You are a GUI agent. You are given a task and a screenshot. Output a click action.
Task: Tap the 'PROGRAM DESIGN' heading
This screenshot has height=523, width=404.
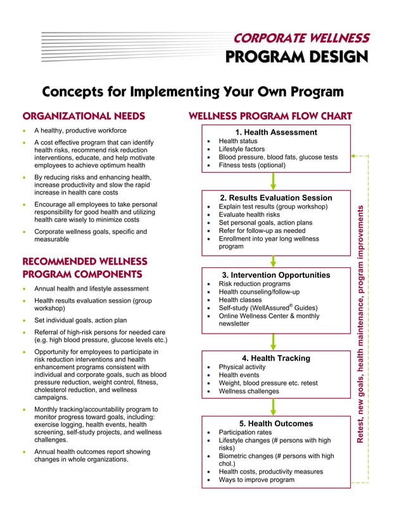[297, 58]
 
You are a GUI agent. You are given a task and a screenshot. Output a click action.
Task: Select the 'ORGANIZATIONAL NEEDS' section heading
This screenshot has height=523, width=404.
[84, 117]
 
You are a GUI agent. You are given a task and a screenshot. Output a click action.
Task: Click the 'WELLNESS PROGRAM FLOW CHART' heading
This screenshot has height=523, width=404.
[270, 117]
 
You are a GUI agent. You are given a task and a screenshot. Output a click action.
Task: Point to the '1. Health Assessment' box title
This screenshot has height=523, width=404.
[276, 132]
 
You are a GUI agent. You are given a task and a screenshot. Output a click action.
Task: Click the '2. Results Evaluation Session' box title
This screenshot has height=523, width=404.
[275, 198]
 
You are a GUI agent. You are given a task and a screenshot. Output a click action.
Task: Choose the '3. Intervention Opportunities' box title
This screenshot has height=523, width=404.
[275, 275]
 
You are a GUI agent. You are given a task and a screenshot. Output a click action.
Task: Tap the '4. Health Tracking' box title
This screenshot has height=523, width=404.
[275, 358]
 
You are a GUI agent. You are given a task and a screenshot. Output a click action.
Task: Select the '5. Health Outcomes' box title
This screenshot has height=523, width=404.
[275, 423]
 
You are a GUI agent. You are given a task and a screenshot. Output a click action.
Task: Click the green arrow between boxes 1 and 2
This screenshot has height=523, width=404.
[274, 181]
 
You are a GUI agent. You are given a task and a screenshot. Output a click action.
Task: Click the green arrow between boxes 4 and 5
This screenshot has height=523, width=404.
[274, 406]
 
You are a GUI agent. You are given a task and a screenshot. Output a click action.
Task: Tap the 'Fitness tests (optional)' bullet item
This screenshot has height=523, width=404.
[252, 165]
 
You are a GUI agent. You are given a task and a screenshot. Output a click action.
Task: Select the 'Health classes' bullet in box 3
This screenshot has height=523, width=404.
[244, 300]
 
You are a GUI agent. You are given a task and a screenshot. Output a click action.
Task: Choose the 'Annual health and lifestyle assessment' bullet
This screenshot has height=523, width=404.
[91, 289]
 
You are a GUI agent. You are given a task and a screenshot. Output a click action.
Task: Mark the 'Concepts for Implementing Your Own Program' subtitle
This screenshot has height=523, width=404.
[193, 92]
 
